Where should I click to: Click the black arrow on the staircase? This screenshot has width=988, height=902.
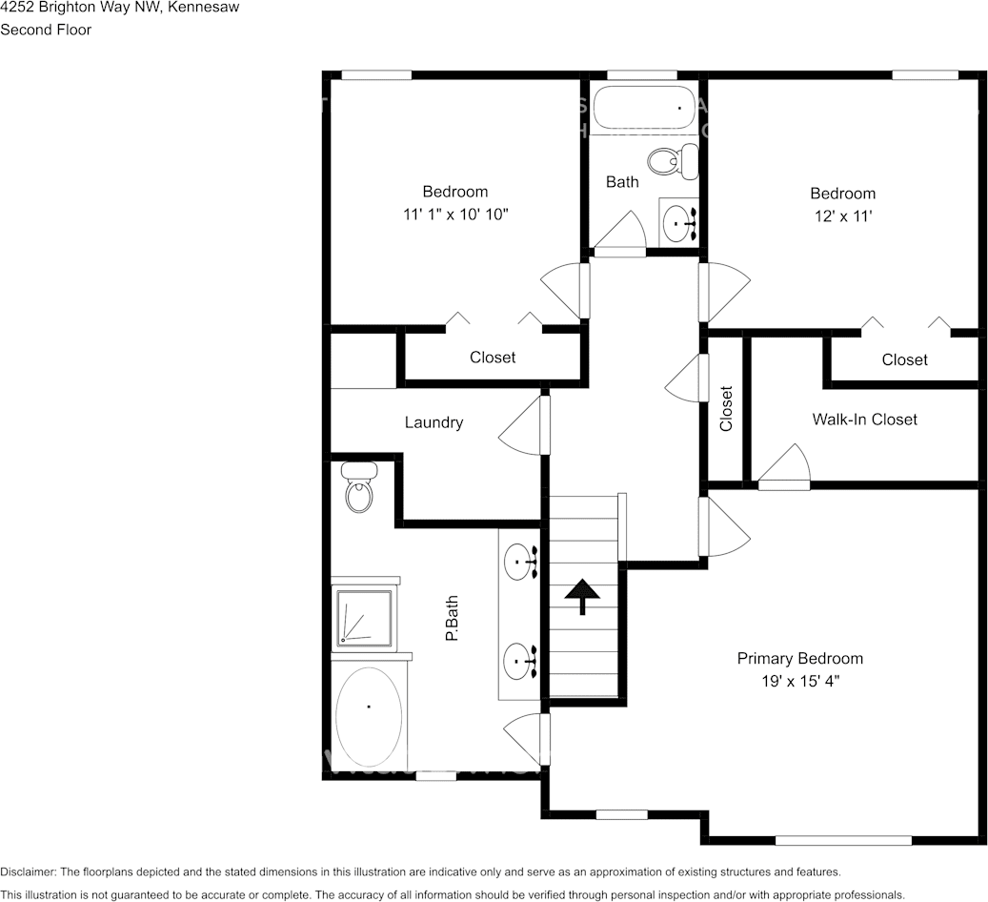coord(581,596)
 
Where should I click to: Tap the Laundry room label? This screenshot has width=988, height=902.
coord(434,422)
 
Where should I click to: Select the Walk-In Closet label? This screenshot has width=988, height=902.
coord(864,420)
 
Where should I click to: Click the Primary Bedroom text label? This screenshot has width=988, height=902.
coord(799,659)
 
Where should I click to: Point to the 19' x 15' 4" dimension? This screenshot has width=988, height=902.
coord(799,681)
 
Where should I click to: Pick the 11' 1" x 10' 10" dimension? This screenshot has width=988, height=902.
coord(455,215)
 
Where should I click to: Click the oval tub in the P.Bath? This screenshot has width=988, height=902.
coord(370,717)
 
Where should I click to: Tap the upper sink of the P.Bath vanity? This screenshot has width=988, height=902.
coord(519,562)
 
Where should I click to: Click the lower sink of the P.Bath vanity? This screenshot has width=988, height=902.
coord(519,659)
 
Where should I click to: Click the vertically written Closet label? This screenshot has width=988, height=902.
coord(726,408)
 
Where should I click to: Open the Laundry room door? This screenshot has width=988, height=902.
coord(525,425)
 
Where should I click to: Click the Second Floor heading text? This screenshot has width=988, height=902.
coord(46,30)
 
